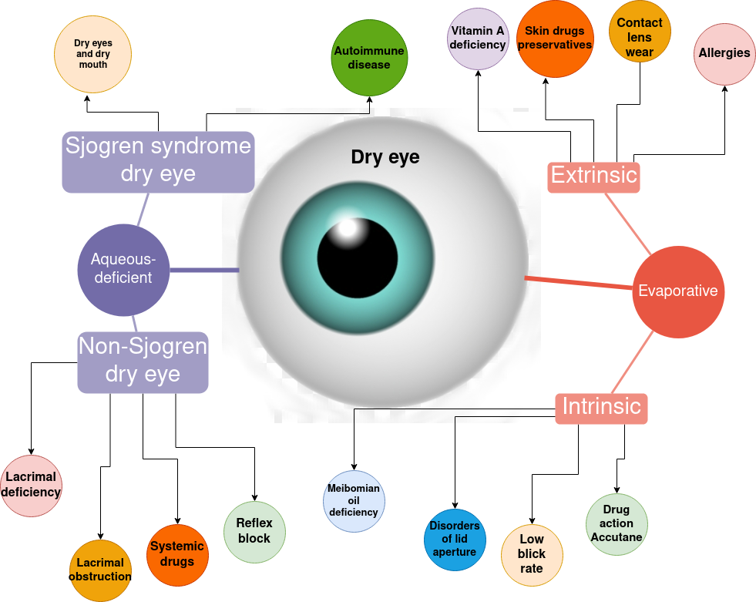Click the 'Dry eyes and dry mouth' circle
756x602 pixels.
pos(92,54)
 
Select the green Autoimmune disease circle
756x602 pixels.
pos(369,58)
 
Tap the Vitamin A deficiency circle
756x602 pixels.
pos(478,38)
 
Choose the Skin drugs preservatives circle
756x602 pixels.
pos(555,39)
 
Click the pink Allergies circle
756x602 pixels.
pos(724,53)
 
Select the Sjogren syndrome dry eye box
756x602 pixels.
pos(158,160)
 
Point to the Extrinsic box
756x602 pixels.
pos(594,177)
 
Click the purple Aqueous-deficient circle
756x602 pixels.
pos(123,269)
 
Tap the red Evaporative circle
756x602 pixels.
pos(678,291)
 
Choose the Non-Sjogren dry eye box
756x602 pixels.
pos(143,362)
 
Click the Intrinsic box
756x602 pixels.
pos(601,407)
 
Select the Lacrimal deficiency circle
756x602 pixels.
pos(31,486)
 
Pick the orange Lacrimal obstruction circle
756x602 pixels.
pos(100,570)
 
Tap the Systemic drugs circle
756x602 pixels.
pos(177,555)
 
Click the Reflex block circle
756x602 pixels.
pos(254,532)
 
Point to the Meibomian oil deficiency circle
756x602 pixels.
pos(354,501)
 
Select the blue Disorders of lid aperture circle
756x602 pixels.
pos(455,539)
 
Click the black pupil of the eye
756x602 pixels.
pos(358,257)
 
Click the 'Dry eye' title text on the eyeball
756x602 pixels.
pos(385,157)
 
